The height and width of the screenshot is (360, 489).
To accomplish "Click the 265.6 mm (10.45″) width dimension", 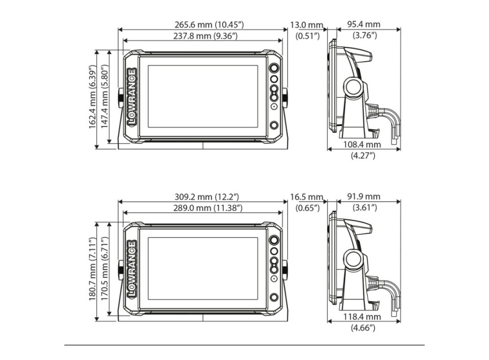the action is click(209, 25).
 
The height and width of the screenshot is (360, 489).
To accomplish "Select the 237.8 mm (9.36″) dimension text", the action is click(205, 36).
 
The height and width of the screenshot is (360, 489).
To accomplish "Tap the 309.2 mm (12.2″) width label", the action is click(207, 196).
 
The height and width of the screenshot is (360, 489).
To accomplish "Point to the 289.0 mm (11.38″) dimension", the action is click(208, 208).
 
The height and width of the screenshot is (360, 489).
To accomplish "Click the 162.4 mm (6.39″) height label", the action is click(92, 97).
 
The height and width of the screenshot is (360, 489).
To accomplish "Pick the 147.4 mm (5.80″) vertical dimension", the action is click(104, 96).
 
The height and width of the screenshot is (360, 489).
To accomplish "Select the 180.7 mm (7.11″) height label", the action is click(92, 268).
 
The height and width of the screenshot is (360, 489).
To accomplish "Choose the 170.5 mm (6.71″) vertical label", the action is click(104, 268).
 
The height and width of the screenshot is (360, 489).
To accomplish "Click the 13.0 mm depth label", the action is click(307, 25).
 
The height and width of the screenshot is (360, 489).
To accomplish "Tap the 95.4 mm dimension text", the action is click(364, 24).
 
